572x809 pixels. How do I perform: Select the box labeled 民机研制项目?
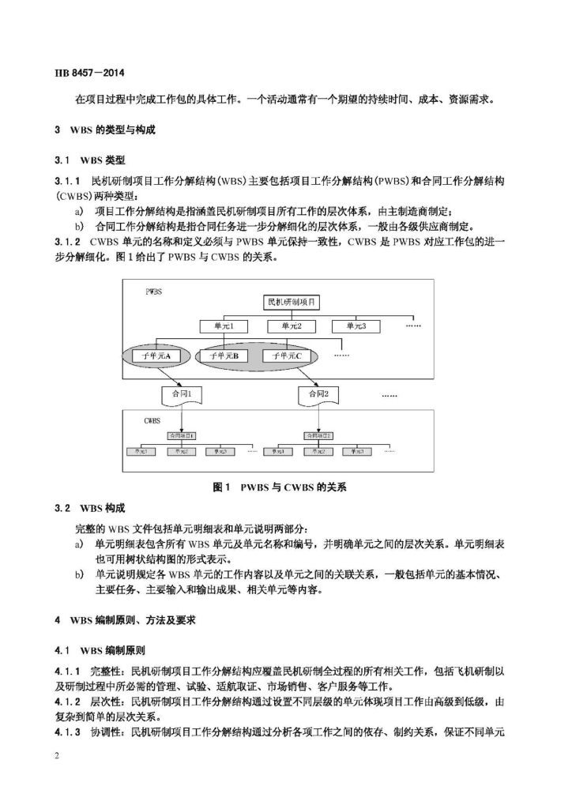(292, 303)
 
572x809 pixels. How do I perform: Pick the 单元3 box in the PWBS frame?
(351, 325)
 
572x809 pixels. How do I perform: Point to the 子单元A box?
(161, 356)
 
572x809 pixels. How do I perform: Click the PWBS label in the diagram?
(154, 292)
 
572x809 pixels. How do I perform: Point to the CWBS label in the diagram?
(152, 421)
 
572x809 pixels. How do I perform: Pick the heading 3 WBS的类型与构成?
(104, 130)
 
